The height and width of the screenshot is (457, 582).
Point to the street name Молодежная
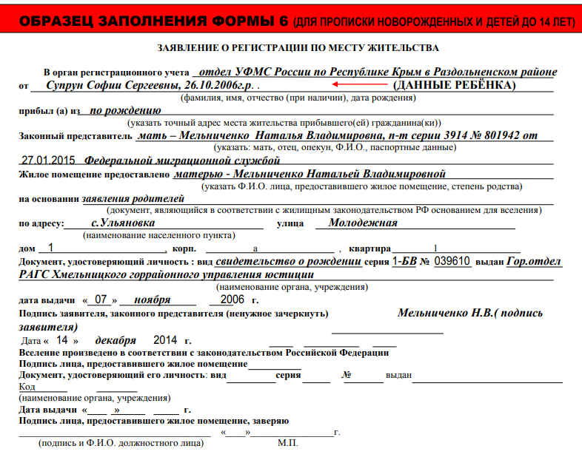coord(363,223)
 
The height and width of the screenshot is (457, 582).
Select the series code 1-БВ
coord(404,261)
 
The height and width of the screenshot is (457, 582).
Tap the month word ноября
coord(153,300)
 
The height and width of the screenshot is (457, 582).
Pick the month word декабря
coord(116,340)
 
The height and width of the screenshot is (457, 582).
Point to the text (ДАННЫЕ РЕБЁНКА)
coord(453,86)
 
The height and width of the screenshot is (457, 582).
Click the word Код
coord(27,387)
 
